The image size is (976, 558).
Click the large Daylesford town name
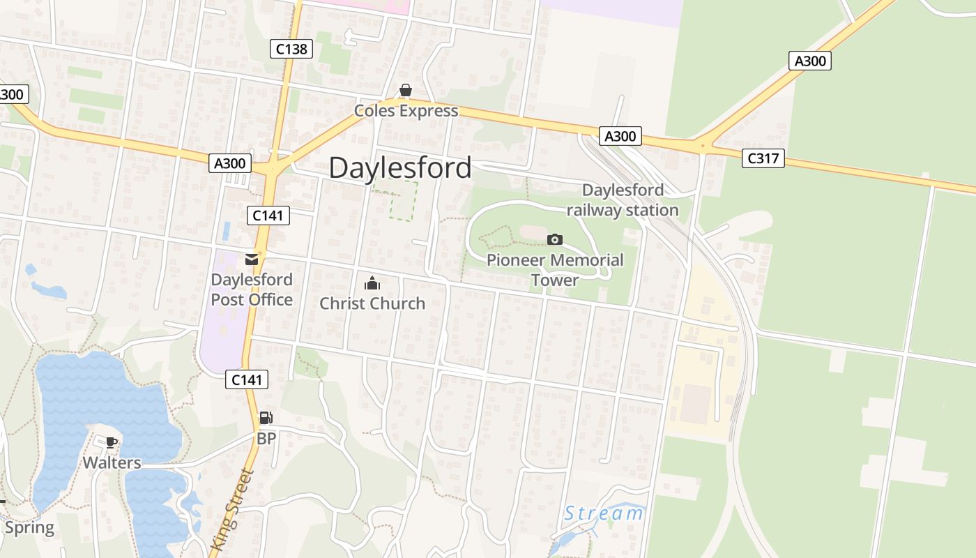(x=399, y=168)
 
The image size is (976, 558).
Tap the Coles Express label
(x=406, y=111)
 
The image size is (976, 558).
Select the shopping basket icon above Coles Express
(x=405, y=91)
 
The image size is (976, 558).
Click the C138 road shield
(x=291, y=49)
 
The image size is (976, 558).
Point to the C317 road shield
(x=763, y=158)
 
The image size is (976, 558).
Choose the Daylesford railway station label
(x=623, y=200)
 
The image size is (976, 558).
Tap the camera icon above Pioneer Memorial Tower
(x=554, y=240)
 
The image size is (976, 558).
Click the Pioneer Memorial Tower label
(x=555, y=270)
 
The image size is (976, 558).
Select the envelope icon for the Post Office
(x=252, y=259)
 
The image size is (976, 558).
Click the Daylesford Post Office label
(x=252, y=289)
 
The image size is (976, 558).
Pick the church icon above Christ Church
(x=372, y=283)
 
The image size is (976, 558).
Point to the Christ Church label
(x=372, y=303)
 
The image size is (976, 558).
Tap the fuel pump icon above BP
(x=266, y=418)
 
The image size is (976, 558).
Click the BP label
(x=266, y=439)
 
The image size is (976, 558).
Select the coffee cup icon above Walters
(x=111, y=442)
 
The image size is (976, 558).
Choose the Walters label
(x=112, y=463)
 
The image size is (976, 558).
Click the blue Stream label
(x=604, y=514)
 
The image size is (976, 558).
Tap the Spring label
(x=29, y=527)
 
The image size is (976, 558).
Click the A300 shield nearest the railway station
(x=620, y=136)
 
